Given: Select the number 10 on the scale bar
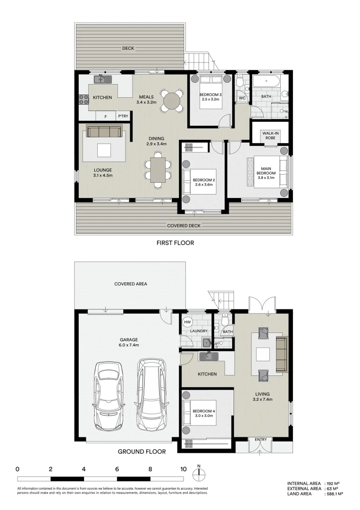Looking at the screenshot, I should (183, 469).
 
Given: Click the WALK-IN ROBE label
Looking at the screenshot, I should (270, 136).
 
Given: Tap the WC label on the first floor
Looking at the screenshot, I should (242, 98).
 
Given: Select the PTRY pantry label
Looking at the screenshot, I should (123, 116).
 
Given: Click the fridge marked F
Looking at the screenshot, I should (105, 116).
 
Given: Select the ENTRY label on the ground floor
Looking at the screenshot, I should (260, 440).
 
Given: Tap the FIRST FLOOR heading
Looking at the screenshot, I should (175, 243).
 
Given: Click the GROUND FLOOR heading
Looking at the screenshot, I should (142, 451).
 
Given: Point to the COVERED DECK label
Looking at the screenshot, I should (184, 226).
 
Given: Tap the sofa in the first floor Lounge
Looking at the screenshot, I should (104, 131).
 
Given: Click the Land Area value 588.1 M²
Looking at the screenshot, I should (335, 494).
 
